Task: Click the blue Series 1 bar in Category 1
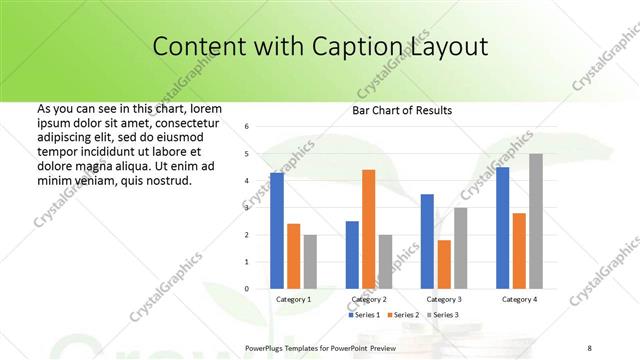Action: coord(276,231)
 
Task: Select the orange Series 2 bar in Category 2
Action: coord(369,229)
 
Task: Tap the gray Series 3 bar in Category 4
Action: coord(536,221)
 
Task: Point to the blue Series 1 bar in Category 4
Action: coord(502,228)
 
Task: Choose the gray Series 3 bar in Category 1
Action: coord(310,262)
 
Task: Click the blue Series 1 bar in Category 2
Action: coord(352,255)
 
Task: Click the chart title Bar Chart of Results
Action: coord(402,110)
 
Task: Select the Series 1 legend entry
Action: coord(364,315)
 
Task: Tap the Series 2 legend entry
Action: coord(402,315)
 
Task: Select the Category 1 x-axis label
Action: coord(293,299)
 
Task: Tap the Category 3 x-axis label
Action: coord(444,299)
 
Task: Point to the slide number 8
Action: coord(589,347)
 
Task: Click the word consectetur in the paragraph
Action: coord(186,122)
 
